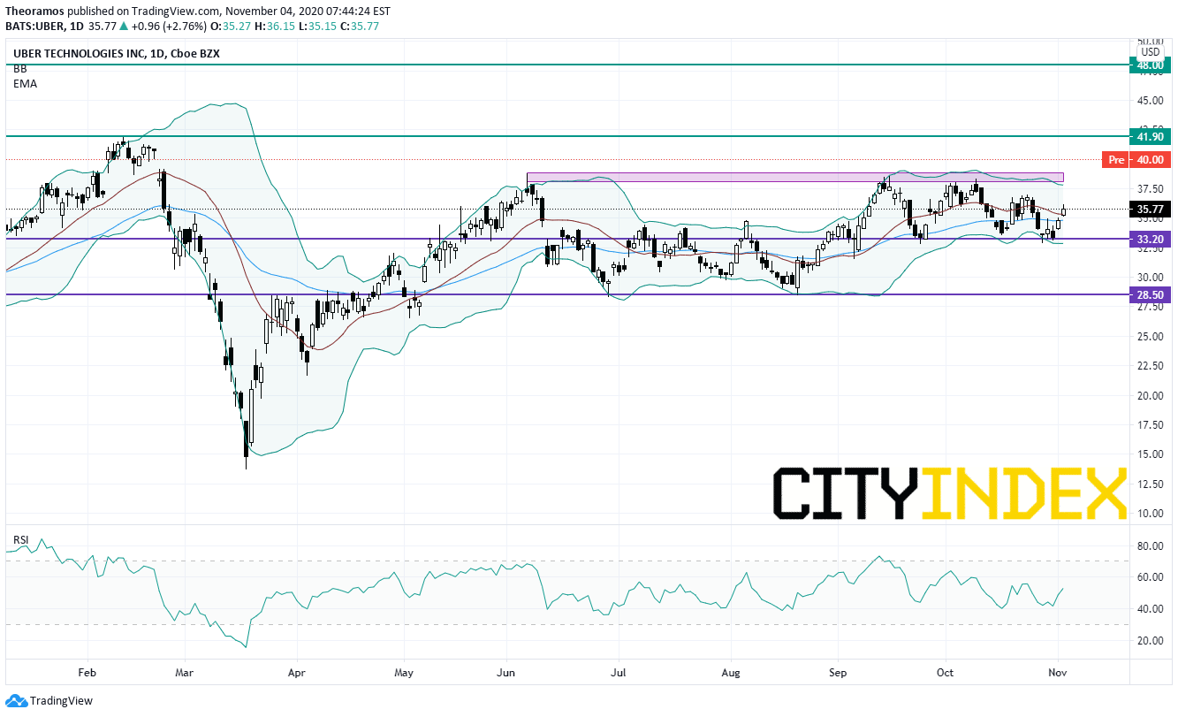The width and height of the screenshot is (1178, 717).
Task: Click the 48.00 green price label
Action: click(1150, 65)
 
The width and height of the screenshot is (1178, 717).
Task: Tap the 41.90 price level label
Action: click(1150, 137)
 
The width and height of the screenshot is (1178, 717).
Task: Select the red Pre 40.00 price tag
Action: click(1137, 159)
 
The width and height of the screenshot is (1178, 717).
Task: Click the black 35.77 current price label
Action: click(1150, 210)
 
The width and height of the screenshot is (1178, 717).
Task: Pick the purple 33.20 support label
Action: click(1150, 239)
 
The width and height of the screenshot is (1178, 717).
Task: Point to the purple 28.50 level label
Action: click(1150, 294)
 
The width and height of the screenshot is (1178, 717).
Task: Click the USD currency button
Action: click(1150, 52)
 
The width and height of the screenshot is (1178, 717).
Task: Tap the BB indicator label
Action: click(20, 69)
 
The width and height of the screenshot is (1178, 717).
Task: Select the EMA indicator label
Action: click(26, 84)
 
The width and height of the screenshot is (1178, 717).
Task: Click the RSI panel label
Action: click(21, 539)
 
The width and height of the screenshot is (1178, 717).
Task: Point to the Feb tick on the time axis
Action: click(87, 672)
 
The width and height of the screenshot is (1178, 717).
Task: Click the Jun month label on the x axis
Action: click(505, 672)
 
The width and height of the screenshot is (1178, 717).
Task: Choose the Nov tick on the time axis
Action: click(1058, 672)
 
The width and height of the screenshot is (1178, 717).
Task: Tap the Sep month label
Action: click(838, 672)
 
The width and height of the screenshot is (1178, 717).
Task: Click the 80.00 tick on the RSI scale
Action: click(1150, 546)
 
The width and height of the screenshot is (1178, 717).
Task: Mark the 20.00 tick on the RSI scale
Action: click(1150, 641)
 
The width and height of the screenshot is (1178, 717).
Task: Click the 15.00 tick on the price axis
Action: click(1150, 454)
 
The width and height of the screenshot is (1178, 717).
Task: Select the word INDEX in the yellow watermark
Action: click(1024, 493)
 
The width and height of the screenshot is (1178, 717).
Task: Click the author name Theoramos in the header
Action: click(34, 11)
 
